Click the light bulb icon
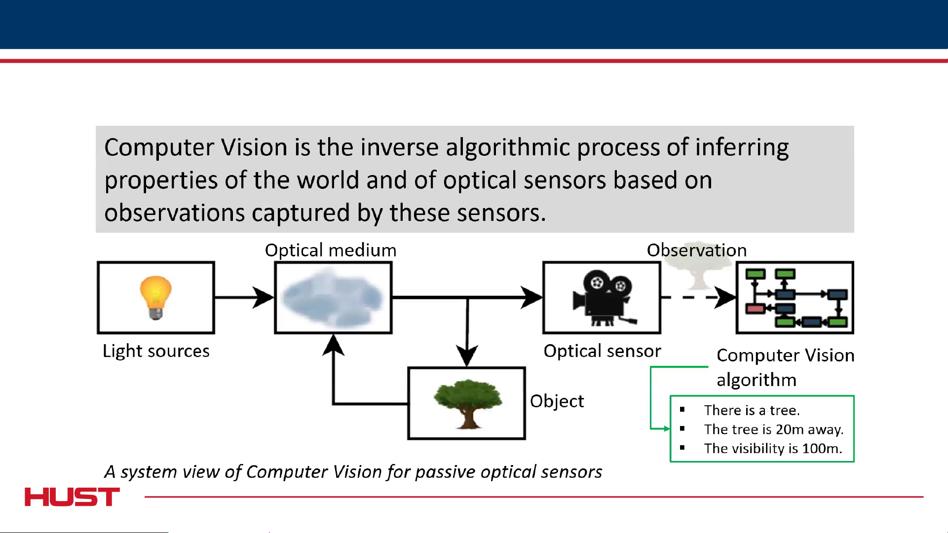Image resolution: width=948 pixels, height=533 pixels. tap(155, 297)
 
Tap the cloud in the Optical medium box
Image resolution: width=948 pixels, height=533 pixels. tap(333, 298)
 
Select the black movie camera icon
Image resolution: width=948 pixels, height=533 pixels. tap(603, 298)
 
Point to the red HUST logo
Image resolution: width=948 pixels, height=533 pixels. tap(72, 497)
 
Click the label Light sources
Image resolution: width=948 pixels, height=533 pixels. tap(156, 351)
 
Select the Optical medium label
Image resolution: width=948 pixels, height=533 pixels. tap(331, 250)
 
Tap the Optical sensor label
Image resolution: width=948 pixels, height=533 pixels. tap(602, 351)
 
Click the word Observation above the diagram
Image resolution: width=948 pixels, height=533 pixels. tap(696, 250)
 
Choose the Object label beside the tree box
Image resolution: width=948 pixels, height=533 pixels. tap(557, 401)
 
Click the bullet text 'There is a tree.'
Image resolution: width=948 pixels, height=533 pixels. tap(752, 410)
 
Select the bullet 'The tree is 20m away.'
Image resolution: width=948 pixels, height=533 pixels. tap(773, 429)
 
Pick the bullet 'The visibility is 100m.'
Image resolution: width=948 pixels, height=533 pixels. tap(773, 448)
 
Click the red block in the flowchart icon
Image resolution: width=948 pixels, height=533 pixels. tap(755, 309)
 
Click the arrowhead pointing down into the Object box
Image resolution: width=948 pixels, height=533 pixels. tap(467, 355)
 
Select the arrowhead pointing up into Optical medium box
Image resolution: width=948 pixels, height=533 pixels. tap(334, 345)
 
